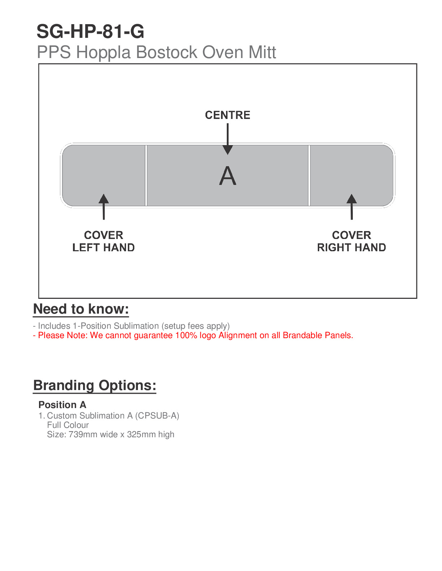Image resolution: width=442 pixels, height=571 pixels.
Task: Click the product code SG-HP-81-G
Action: pos(90,32)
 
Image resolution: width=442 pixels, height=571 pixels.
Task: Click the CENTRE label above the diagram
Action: pos(227,115)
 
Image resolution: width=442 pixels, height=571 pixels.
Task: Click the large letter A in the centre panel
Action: pos(227,176)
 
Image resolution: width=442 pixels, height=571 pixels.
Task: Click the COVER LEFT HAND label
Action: pos(104,241)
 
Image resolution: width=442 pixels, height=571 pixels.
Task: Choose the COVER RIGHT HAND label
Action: pos(351,241)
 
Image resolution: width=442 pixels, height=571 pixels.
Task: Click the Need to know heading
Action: pos(81,309)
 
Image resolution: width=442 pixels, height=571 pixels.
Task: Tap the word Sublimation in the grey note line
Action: pos(136,326)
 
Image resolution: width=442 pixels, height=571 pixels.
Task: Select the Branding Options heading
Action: pos(95,385)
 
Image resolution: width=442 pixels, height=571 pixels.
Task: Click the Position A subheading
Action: pos(62,405)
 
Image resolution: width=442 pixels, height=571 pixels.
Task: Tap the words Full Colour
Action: pos(68,425)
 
